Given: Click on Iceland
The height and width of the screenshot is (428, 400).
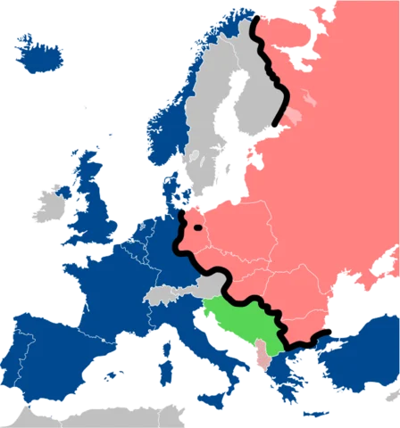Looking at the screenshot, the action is coord(38,55).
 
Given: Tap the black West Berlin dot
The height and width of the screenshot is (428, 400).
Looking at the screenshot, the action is coord(197,228).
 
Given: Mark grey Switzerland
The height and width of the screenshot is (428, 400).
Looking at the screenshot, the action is coord(160,293).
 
